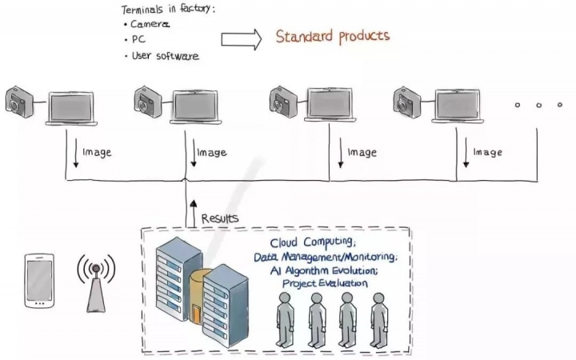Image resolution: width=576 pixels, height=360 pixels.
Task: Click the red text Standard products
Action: click(x=332, y=36)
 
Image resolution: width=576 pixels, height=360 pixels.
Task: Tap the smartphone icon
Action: click(x=37, y=281)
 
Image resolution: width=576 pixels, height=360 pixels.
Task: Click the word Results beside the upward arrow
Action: click(x=219, y=218)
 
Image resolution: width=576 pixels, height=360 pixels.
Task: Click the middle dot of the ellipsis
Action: click(x=538, y=105)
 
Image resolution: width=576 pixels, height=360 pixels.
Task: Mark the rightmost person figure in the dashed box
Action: click(x=378, y=319)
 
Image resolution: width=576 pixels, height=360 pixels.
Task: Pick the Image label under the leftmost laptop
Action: click(x=95, y=152)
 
